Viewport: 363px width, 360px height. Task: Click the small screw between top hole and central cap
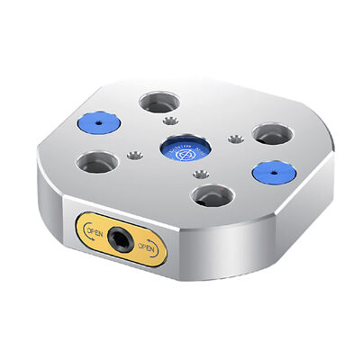(x=172, y=121)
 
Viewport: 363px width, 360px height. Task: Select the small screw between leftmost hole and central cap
(x=135, y=156)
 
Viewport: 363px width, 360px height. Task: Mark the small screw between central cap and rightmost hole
(x=234, y=138)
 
